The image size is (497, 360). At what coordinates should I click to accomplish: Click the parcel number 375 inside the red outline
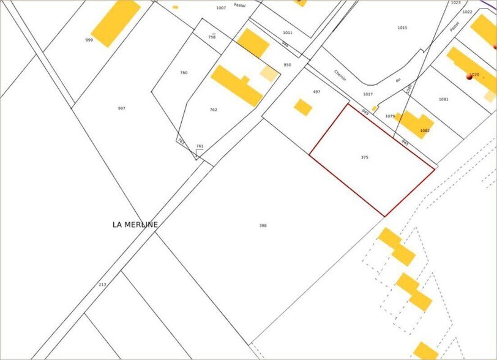pos(365,157)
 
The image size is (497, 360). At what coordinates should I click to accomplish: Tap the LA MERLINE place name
pos(135,225)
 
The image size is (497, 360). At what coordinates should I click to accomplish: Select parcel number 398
pos(263,225)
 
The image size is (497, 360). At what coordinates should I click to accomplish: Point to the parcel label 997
pos(121,108)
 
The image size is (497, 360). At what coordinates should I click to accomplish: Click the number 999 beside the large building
pos(89,40)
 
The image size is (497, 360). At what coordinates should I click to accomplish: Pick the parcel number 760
pos(184,73)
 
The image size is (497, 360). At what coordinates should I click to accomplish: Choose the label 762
pos(213,110)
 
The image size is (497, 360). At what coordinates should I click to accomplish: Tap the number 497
pos(316,92)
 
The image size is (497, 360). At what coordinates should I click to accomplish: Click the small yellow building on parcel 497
pos(303,107)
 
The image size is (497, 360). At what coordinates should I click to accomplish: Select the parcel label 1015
pos(402,28)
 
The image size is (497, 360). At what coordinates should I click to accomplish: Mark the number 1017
pos(367,94)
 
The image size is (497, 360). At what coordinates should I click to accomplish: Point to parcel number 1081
pos(444,99)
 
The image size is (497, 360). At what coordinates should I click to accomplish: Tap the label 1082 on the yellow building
pos(425,130)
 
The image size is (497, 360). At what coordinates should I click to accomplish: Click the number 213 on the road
pos(102,285)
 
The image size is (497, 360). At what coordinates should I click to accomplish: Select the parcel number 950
pos(287,65)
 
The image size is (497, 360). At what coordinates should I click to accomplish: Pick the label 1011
pos(288,32)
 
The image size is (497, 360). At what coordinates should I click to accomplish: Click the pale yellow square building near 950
pos(268,74)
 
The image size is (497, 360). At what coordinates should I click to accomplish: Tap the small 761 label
pos(200,146)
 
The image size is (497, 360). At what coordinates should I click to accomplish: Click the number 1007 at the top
pos(221,8)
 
